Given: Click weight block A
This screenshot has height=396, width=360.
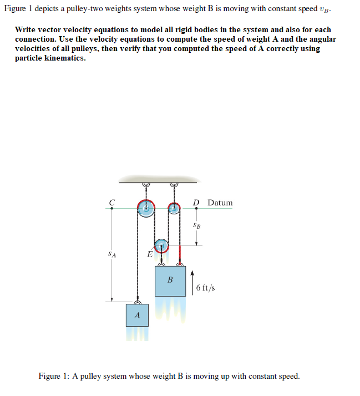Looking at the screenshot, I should tap(137, 315).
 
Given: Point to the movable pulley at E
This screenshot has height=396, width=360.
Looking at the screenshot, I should tap(161, 245).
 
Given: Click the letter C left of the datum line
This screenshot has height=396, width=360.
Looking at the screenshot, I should tap(111, 202).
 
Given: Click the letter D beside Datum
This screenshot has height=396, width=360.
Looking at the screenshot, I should tap(196, 202).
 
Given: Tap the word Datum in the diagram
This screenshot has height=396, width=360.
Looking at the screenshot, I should tap(220, 202).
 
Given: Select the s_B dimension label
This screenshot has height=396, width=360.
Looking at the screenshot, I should tap(196, 225).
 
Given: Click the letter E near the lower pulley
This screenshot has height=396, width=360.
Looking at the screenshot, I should tap(149, 255).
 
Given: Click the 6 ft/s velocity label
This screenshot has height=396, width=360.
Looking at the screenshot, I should tap(206, 288).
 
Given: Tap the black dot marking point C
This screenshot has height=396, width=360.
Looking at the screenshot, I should tap(112, 209).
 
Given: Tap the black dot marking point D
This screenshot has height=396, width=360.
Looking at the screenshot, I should tap(196, 209).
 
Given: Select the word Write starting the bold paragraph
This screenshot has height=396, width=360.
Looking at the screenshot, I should tap(26, 29).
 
